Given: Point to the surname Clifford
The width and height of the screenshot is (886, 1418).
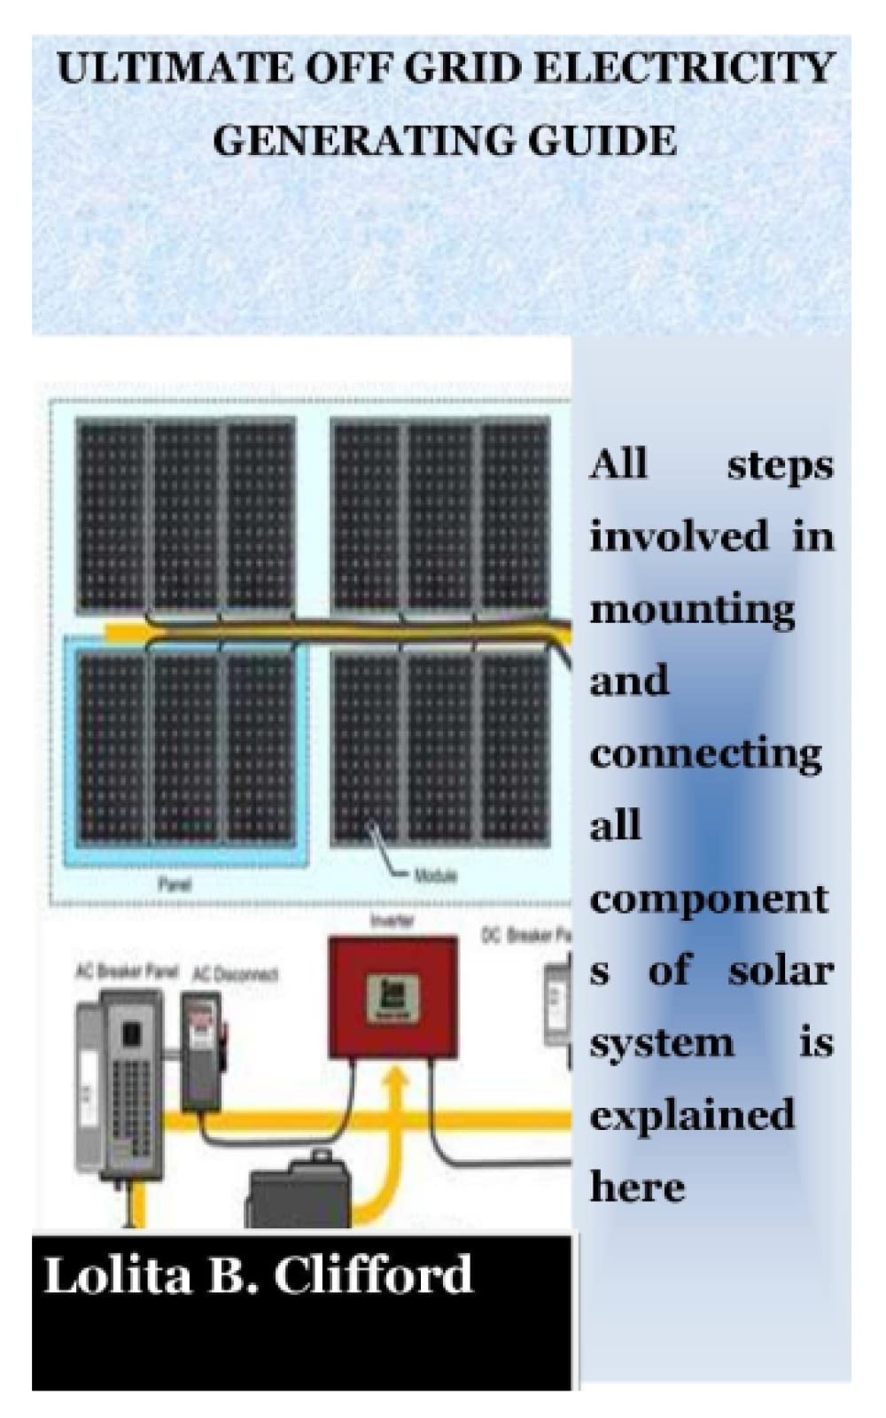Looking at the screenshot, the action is coord(372,1275).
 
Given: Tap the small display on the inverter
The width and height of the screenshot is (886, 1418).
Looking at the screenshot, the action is coord(393,996).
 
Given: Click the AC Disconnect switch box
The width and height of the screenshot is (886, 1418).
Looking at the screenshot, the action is coord(203,1050).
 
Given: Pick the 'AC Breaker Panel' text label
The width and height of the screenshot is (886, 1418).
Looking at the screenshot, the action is coord(127,970).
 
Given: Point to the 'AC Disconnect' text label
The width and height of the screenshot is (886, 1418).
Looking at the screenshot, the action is coord(235,974).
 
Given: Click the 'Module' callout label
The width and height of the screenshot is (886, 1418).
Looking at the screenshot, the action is coord(435,876).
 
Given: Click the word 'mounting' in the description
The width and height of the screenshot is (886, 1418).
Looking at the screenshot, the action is coord(693,611).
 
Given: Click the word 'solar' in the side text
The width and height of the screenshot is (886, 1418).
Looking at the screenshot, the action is coord(780,971).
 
